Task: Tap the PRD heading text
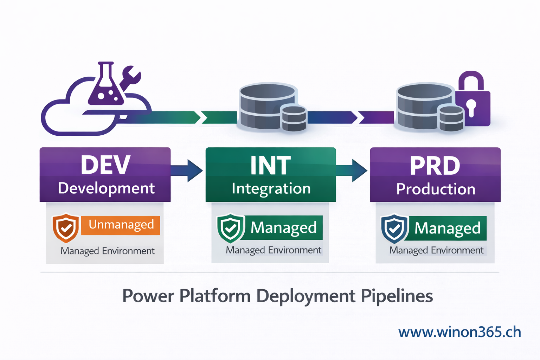coord(435,166)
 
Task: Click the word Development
coord(106,188)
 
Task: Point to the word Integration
coord(271,189)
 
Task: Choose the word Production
coord(436,189)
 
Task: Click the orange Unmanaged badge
coord(121,225)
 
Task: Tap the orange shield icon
coord(66,228)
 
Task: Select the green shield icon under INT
coord(231,228)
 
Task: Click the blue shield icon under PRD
coord(394,229)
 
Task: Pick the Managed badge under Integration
coord(283,228)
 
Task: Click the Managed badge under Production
coord(447,229)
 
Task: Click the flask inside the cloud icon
coord(106,86)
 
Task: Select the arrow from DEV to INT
coord(188,171)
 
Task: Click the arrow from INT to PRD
coord(353,171)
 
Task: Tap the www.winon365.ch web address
coord(459,332)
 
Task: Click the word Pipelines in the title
coord(397,296)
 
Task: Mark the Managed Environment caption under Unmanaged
coord(107,251)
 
